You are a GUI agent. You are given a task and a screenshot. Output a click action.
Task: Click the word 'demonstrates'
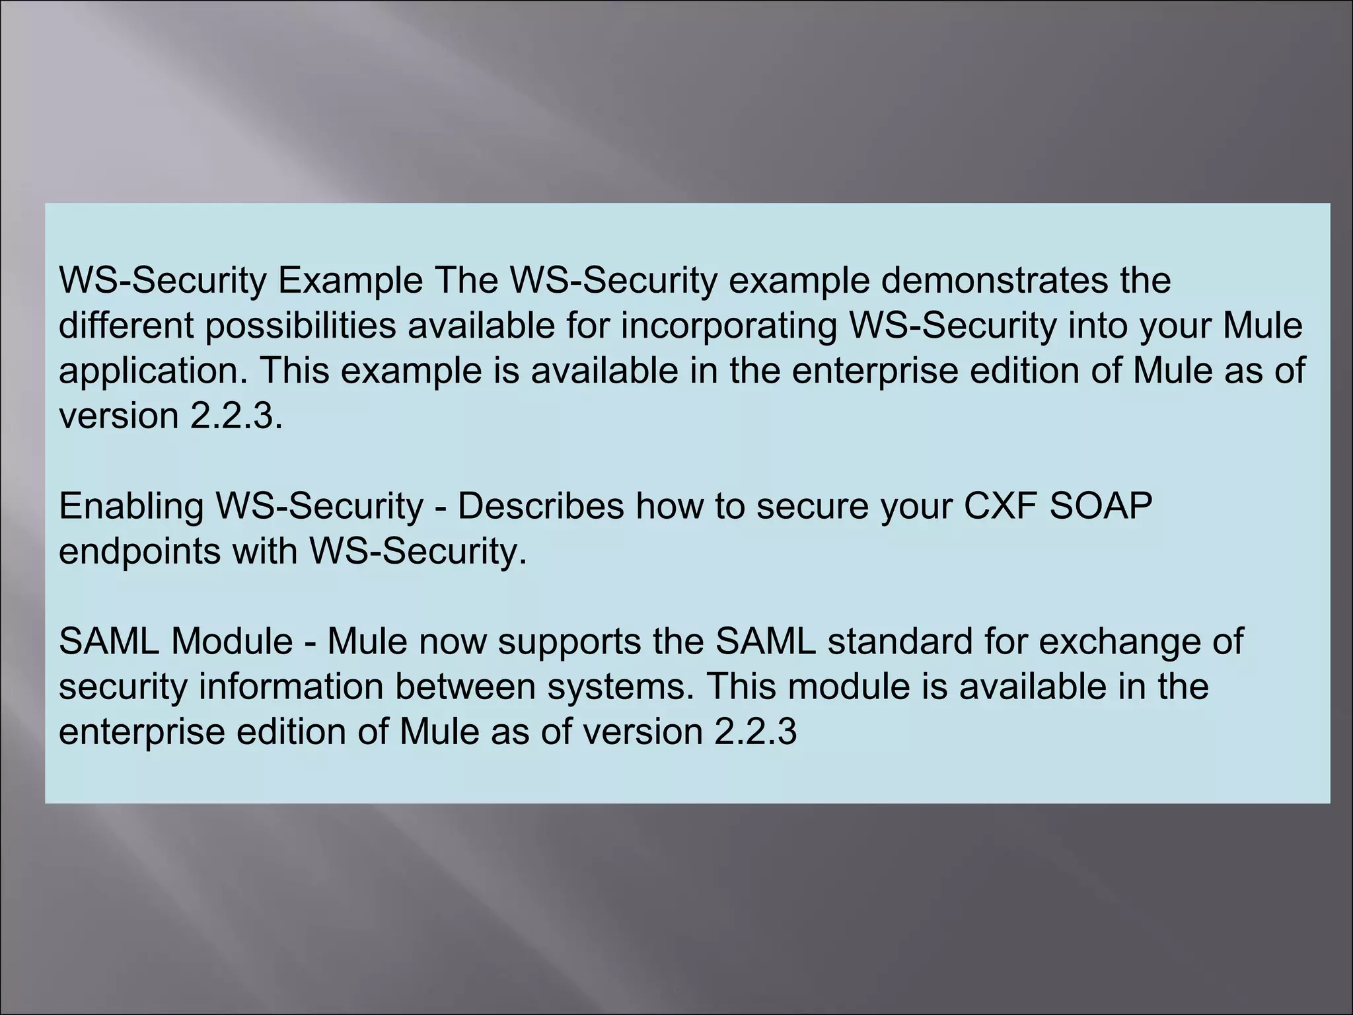pyautogui.click(x=992, y=280)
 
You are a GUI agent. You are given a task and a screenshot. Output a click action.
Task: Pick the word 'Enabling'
pyautogui.click(x=131, y=506)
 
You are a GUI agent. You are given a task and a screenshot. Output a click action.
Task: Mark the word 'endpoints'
pyautogui.click(x=139, y=551)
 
